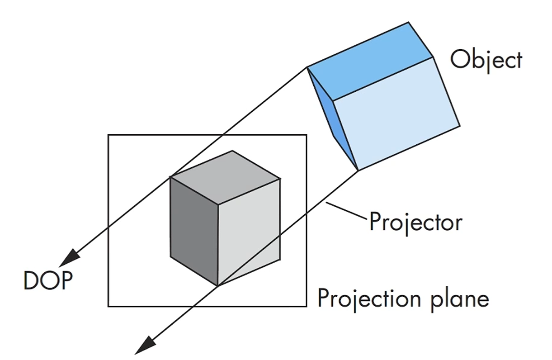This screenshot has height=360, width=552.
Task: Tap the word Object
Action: tap(486, 60)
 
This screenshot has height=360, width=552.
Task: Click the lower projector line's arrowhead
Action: tap(145, 346)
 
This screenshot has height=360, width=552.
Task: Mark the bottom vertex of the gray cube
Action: tap(218, 286)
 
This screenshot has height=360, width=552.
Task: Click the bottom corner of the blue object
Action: tap(359, 171)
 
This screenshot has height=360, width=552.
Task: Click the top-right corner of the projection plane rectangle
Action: tap(307, 135)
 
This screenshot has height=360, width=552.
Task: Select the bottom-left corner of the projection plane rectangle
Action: tap(108, 306)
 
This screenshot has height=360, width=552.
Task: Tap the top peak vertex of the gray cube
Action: tap(232, 151)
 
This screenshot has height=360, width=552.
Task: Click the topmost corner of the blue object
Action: tap(410, 22)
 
